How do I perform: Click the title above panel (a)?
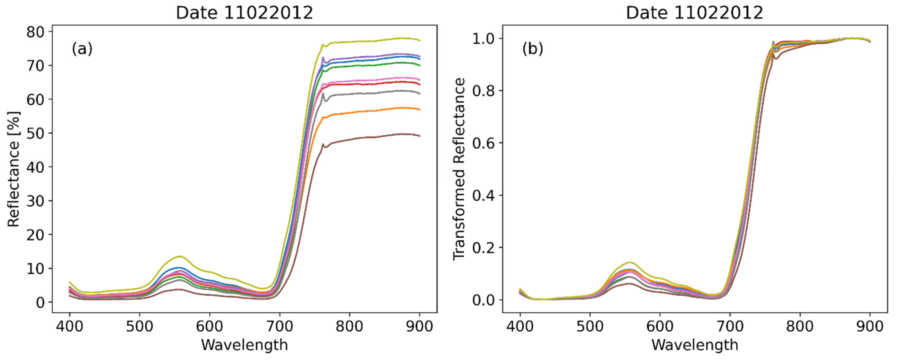(244, 13)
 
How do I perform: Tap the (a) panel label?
(82, 49)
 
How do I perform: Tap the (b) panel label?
(532, 49)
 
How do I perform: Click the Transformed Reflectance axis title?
(459, 169)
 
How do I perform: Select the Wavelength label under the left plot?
(244, 345)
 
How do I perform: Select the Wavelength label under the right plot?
(695, 345)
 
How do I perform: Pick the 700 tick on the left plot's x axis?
(279, 326)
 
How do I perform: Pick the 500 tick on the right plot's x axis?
(590, 326)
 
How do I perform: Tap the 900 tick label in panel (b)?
(870, 326)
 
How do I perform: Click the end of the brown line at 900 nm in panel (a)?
(419, 136)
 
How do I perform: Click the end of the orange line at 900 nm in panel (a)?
(419, 109)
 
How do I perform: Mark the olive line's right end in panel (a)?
(419, 40)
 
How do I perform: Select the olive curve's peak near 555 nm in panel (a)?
(179, 257)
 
